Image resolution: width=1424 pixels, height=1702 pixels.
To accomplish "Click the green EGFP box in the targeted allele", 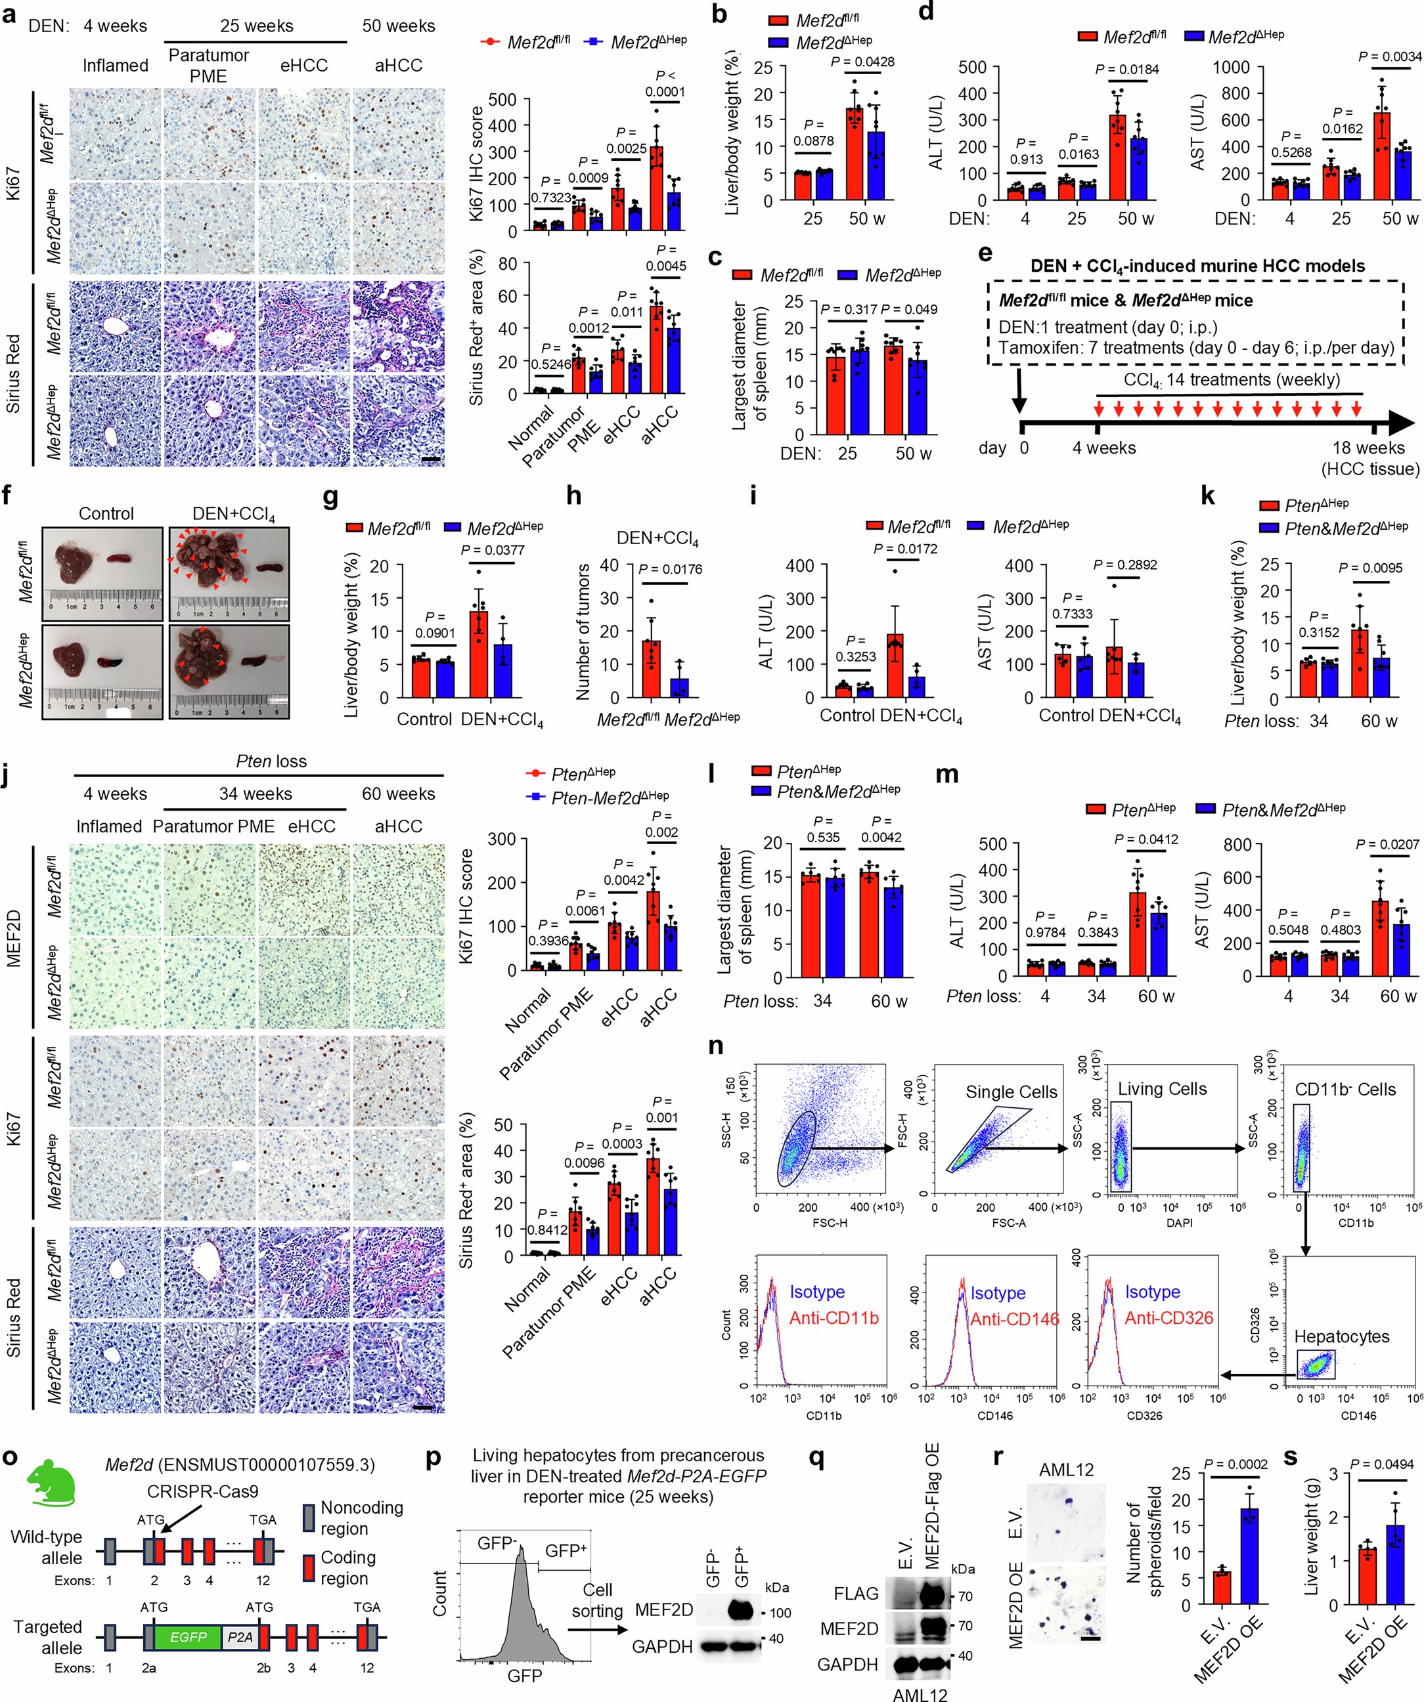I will [187, 1637].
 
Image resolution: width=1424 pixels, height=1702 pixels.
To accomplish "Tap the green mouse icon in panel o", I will [51, 1485].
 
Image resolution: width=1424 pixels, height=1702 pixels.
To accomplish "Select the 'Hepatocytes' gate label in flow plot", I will [1341, 1336].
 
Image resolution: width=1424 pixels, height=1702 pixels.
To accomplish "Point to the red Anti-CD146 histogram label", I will [1013, 1319].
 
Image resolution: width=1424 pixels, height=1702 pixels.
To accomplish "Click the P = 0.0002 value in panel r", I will [1236, 1464].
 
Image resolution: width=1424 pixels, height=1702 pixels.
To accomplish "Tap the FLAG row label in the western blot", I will [856, 1594].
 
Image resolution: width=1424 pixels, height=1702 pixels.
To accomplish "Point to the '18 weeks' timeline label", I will [1368, 448].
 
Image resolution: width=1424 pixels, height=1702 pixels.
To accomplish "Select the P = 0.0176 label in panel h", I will [670, 569].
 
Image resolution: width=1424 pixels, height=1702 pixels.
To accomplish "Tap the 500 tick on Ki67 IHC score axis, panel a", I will [502, 100].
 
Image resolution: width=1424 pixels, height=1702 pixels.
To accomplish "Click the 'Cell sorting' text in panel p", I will [597, 1601].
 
